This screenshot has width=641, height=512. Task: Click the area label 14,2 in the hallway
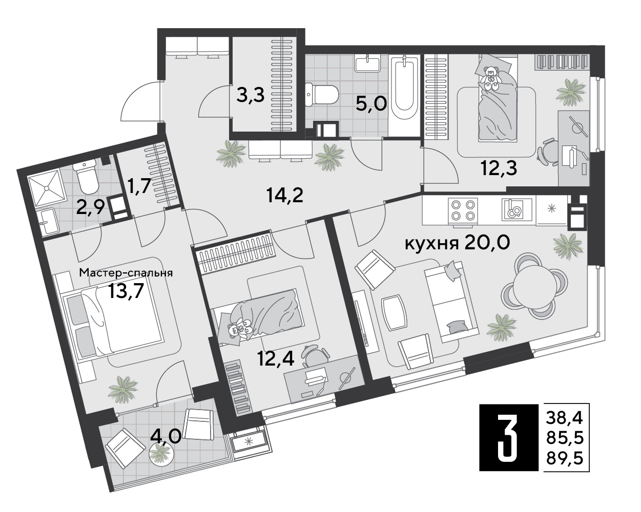click(285, 195)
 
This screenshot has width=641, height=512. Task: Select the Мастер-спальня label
click(126, 273)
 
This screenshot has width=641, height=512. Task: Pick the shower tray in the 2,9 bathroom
click(47, 188)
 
